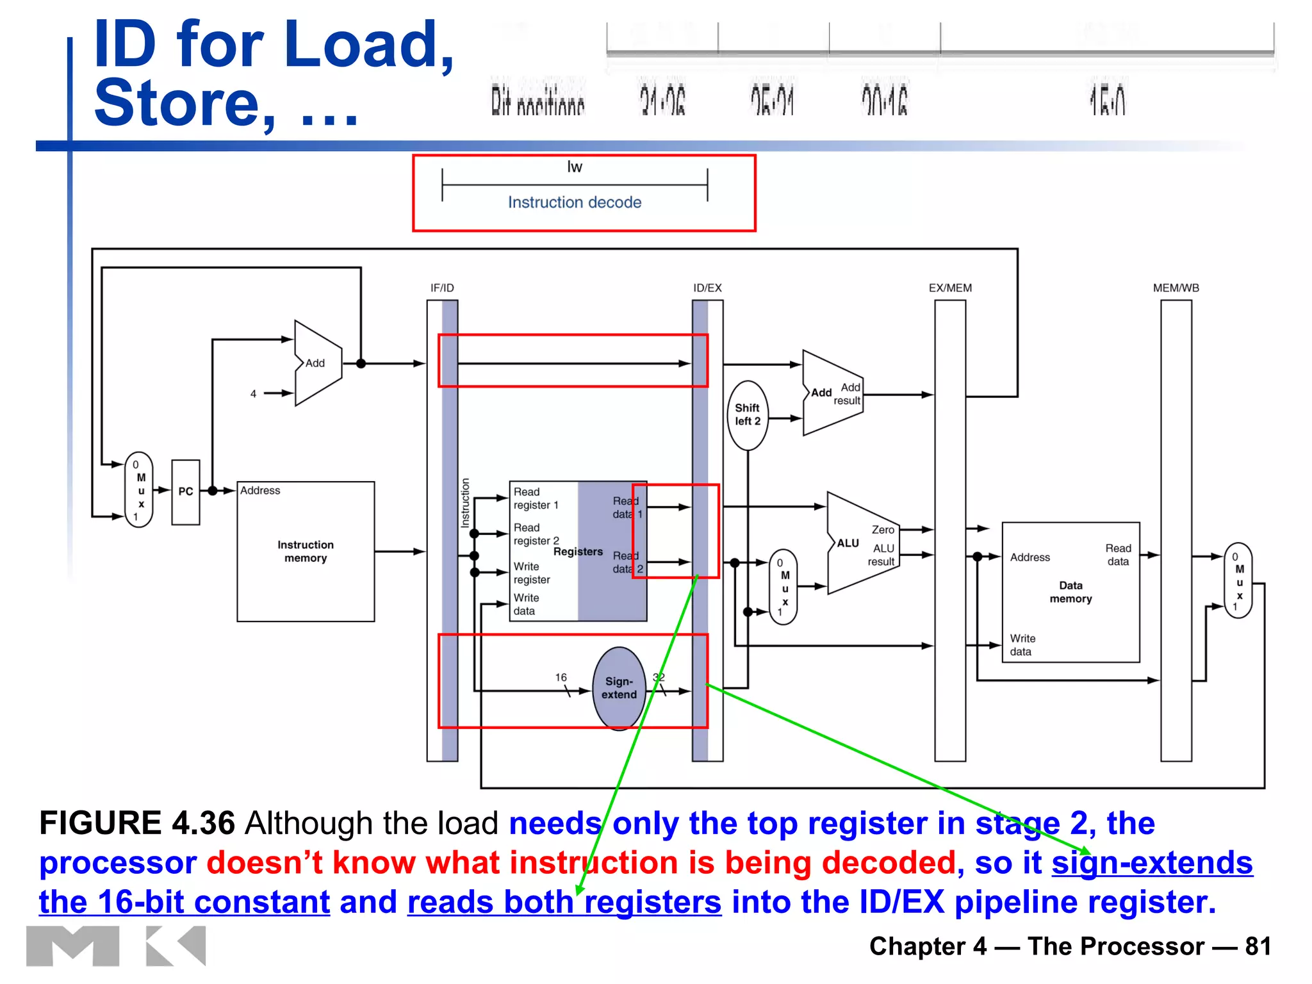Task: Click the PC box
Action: tap(185, 492)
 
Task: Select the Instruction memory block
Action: tap(306, 552)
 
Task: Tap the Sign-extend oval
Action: tap(619, 688)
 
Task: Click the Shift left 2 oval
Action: tap(747, 415)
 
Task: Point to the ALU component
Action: tap(858, 543)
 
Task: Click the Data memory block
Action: tap(1070, 593)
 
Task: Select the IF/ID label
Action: tap(442, 288)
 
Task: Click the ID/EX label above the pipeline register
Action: tap(707, 288)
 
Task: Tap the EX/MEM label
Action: tap(950, 288)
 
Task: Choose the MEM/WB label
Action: tap(1176, 288)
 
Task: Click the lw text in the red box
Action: tap(575, 167)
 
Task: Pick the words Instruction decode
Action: tap(575, 202)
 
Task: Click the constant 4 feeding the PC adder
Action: tap(253, 394)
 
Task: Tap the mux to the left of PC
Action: tap(139, 490)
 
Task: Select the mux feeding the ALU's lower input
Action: tap(783, 587)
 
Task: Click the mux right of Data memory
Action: tap(1238, 580)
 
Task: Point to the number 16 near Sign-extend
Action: tap(561, 677)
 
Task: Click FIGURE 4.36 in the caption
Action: tap(137, 823)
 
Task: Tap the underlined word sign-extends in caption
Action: tap(1152, 863)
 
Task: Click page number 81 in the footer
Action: tap(1258, 946)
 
